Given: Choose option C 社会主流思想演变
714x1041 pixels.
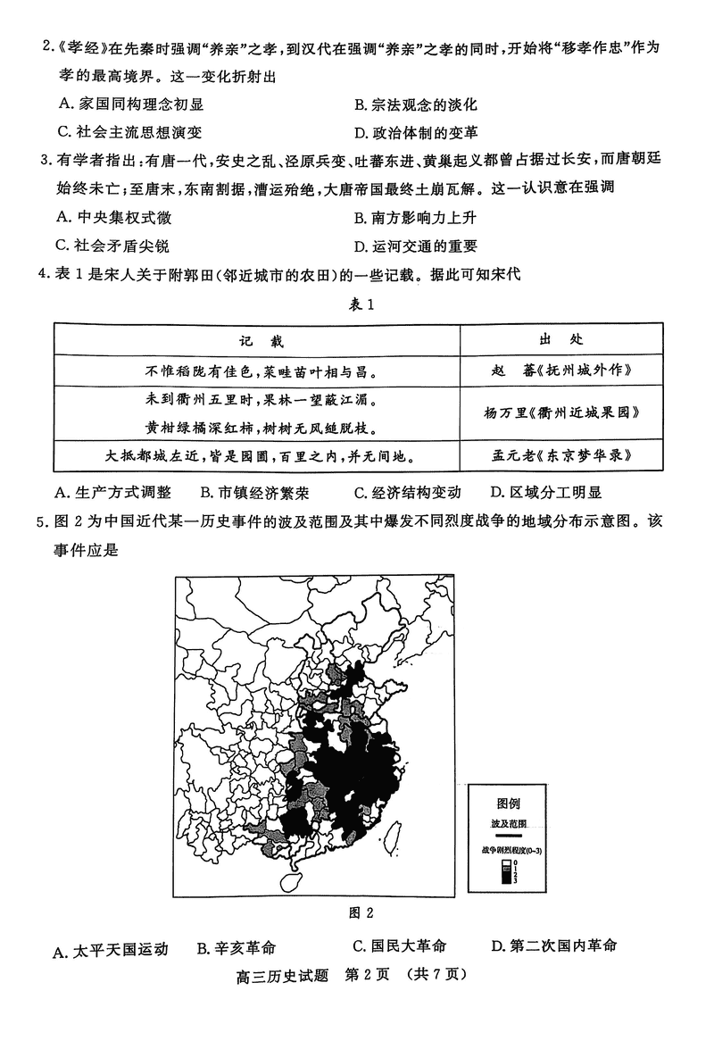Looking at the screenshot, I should click(x=129, y=132).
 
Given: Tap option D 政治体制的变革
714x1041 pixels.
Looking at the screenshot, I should click(x=415, y=132).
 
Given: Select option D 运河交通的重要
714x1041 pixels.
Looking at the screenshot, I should click(x=415, y=246).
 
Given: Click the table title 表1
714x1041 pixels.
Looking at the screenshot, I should click(x=358, y=305).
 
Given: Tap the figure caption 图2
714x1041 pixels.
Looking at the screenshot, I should click(x=360, y=912).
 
